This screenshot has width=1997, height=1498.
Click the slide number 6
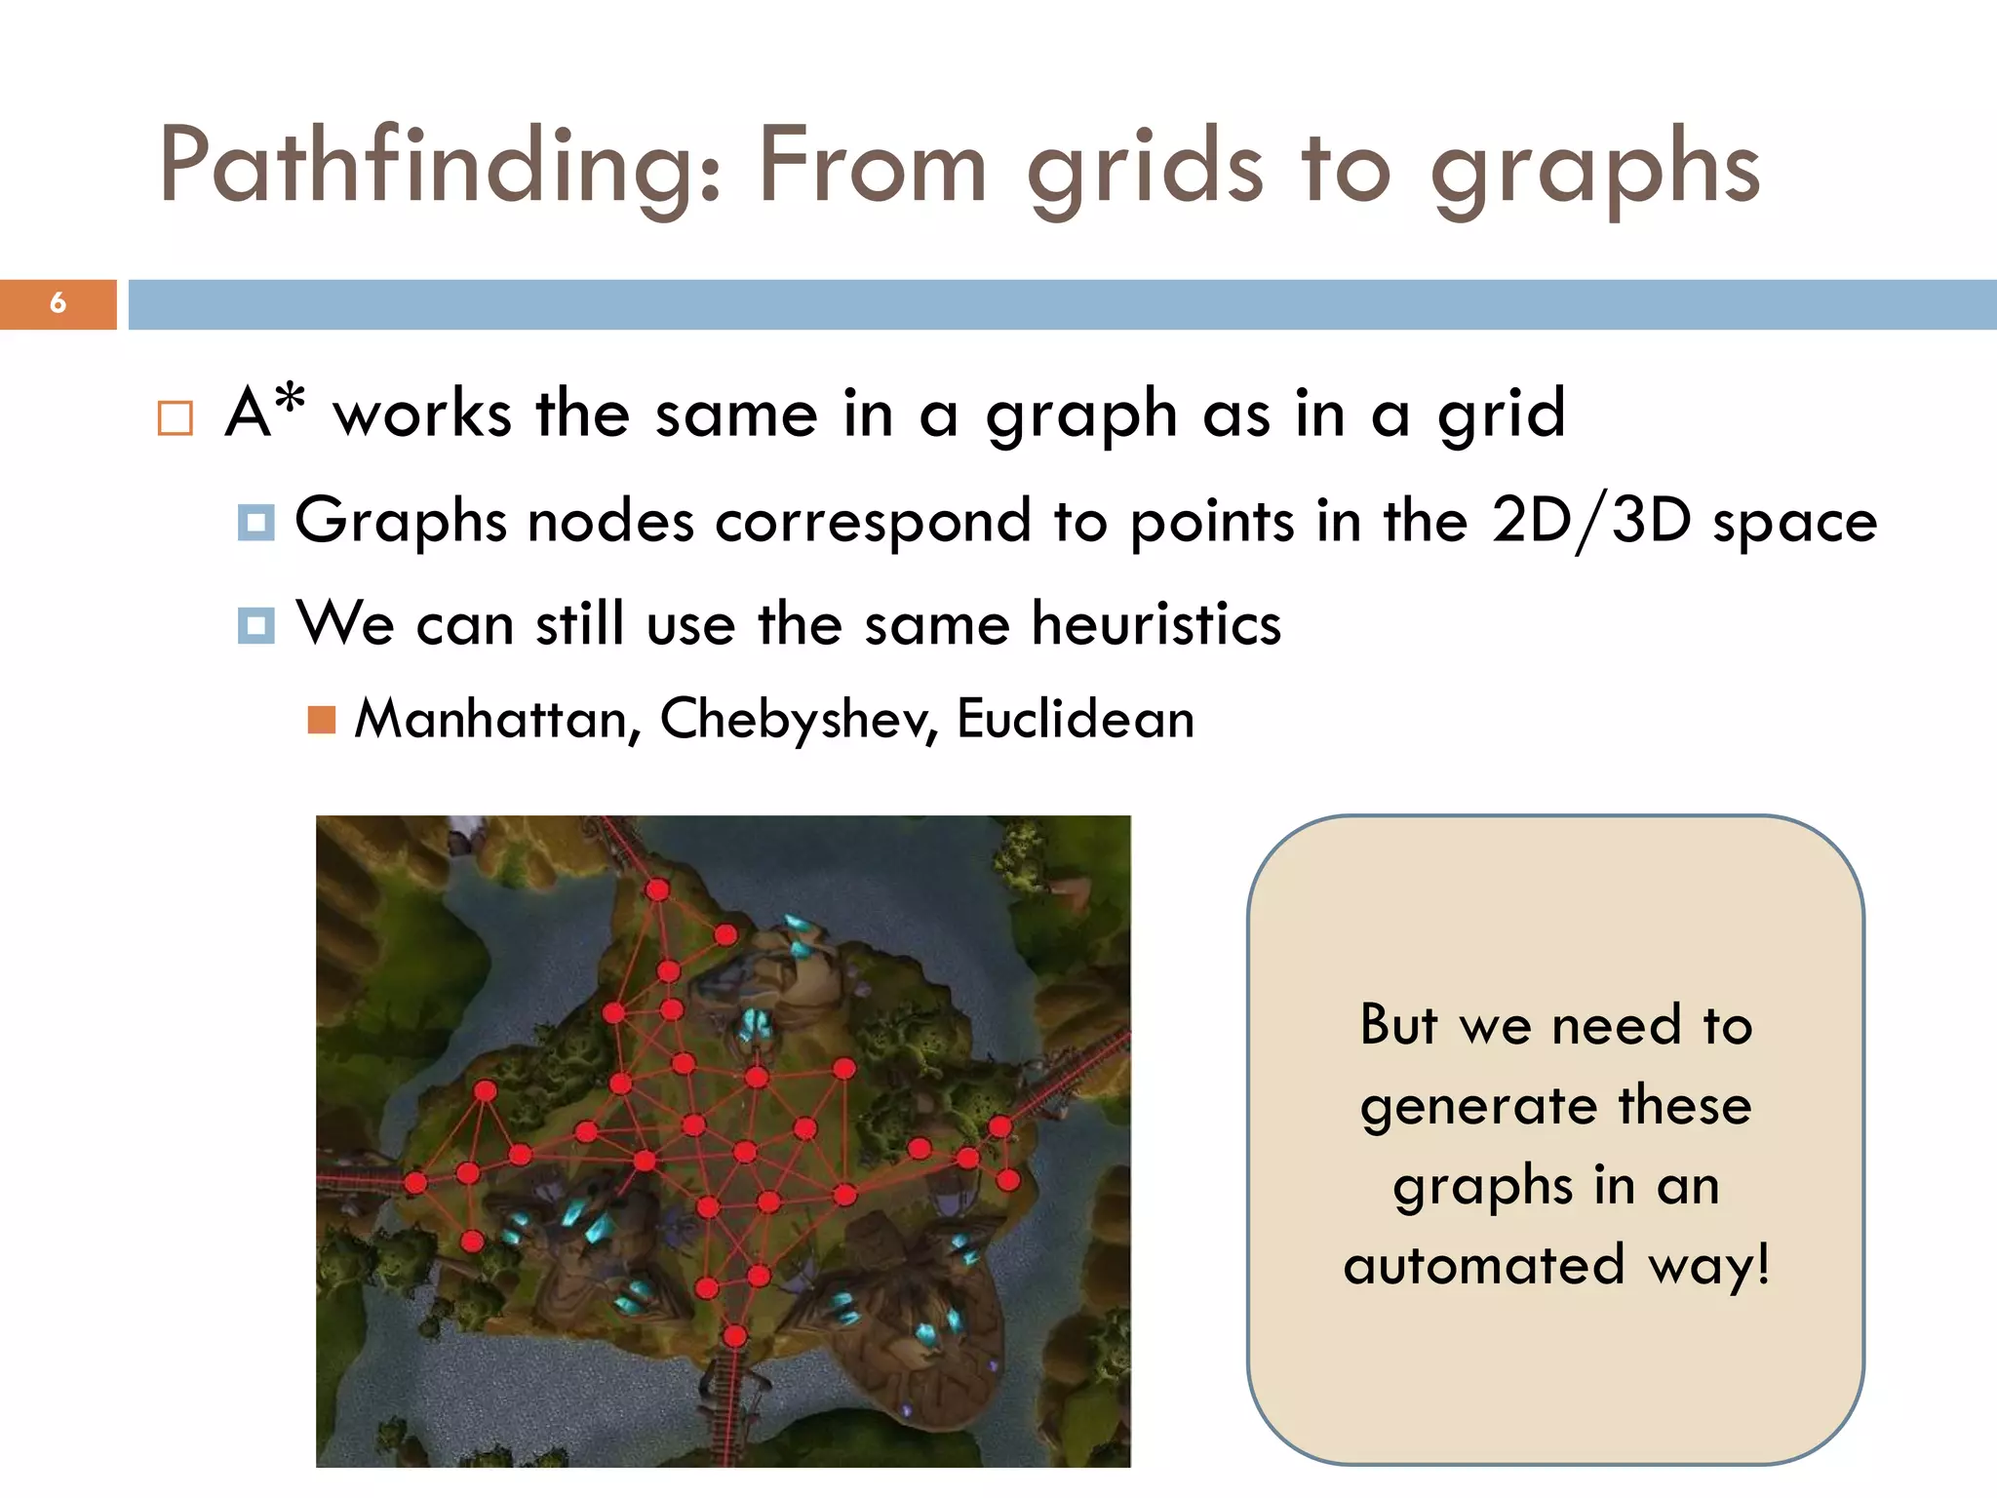click(59, 303)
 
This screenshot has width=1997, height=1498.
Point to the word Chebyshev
click(799, 720)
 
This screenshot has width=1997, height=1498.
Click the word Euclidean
click(1075, 720)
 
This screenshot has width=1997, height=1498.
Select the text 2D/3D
click(1590, 521)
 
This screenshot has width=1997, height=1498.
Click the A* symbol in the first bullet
click(265, 410)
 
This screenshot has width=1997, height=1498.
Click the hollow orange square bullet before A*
click(176, 418)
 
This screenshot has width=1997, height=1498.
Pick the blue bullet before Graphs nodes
click(255, 523)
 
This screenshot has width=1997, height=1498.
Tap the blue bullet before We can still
click(255, 625)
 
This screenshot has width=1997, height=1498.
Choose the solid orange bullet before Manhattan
click(321, 720)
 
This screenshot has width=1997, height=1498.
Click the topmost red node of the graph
click(658, 889)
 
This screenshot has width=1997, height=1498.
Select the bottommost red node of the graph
click(735, 1335)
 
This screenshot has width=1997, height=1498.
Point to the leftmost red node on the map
click(416, 1183)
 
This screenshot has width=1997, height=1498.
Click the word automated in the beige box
click(1482, 1265)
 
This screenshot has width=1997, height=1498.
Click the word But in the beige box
click(1398, 1025)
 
